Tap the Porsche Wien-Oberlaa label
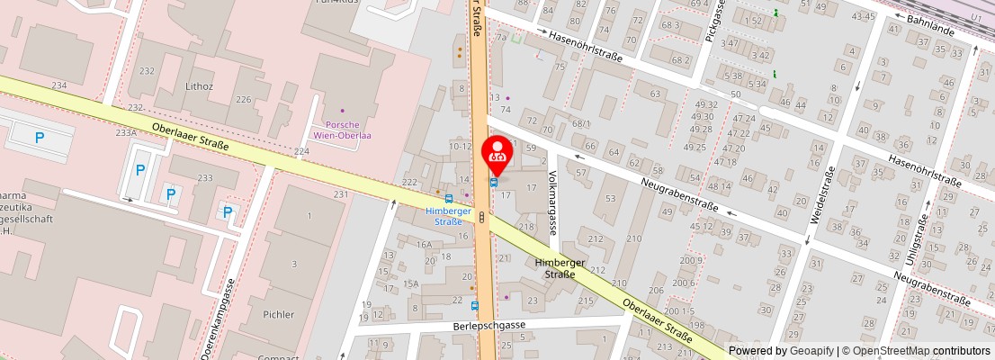[x=342, y=130]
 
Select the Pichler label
[x=279, y=314]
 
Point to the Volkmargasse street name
[x=552, y=203]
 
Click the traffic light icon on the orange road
[x=482, y=217]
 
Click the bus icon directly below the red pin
[x=493, y=182]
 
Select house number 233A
[x=126, y=132]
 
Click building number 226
[x=243, y=99]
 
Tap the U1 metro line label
[x=977, y=18]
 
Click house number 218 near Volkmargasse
[x=526, y=225]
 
